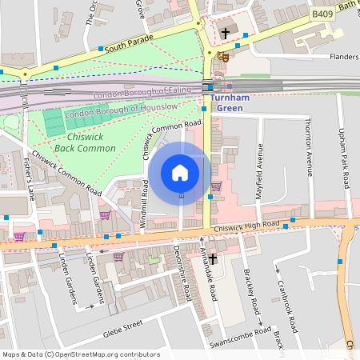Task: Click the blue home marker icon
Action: (180, 172)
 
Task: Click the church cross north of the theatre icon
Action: (226, 34)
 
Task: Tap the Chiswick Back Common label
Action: (86, 142)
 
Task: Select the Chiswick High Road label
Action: (246, 229)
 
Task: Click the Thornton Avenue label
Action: (308, 145)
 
